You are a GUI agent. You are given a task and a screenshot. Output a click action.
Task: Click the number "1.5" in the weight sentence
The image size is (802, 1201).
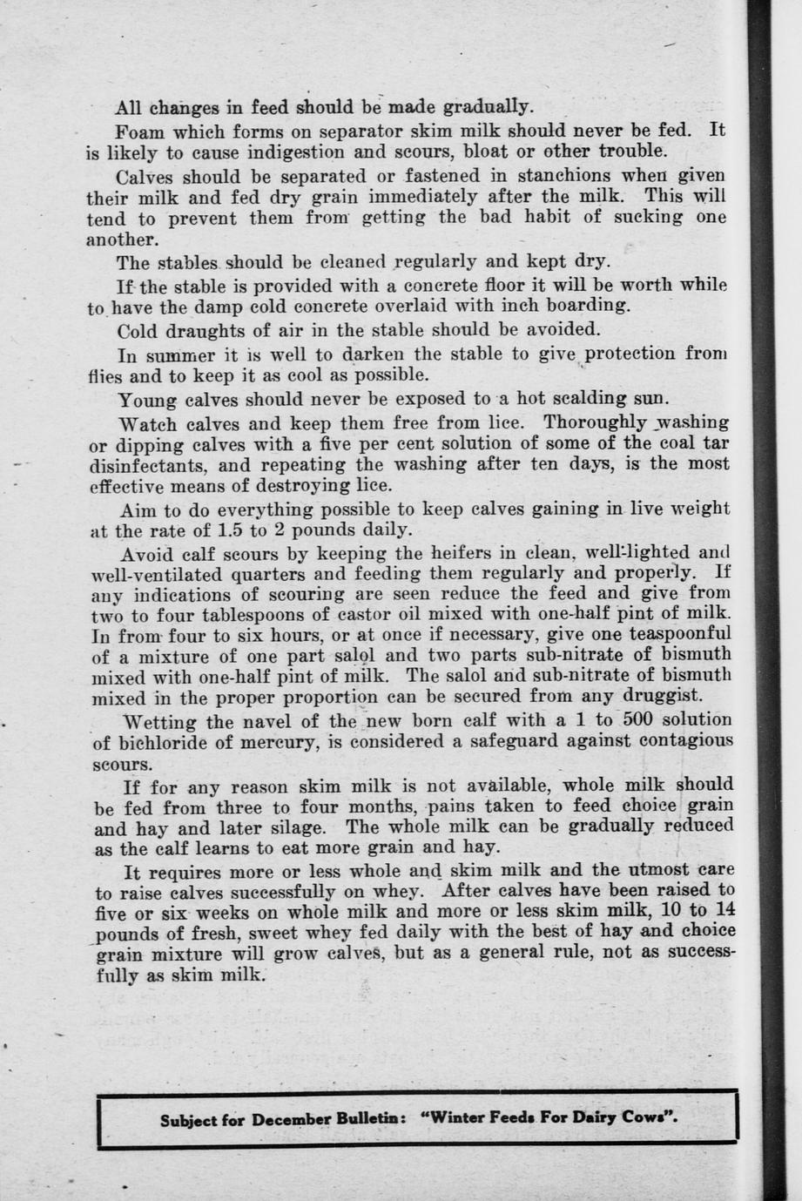(230, 530)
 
